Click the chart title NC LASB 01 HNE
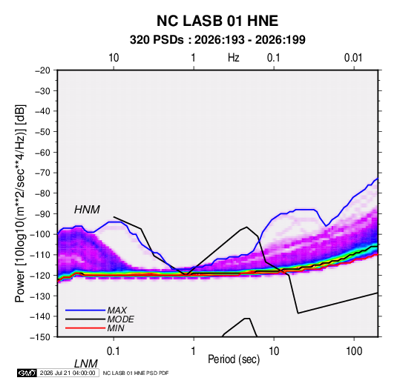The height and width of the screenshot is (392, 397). pyautogui.click(x=217, y=21)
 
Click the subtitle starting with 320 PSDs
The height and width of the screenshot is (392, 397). pyautogui.click(x=217, y=40)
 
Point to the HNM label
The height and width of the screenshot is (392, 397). pyautogui.click(x=87, y=210)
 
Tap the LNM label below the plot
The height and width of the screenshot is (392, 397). pyautogui.click(x=85, y=364)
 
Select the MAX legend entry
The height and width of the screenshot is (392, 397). pyautogui.click(x=117, y=310)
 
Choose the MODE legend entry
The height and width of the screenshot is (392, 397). pyautogui.click(x=120, y=319)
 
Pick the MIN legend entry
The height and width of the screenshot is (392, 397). pyautogui.click(x=116, y=328)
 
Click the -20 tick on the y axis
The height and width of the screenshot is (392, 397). pyautogui.click(x=42, y=70)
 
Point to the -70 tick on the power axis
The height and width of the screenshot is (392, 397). pyautogui.click(x=42, y=173)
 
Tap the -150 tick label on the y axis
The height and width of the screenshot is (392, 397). pyautogui.click(x=40, y=337)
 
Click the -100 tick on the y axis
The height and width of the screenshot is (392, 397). pyautogui.click(x=40, y=234)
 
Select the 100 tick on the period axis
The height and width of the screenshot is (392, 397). pyautogui.click(x=354, y=351)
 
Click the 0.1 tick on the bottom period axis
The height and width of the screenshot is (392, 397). pyautogui.click(x=114, y=351)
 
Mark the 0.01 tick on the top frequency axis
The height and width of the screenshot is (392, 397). pyautogui.click(x=353, y=58)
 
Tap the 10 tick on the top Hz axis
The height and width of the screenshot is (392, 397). pyautogui.click(x=114, y=58)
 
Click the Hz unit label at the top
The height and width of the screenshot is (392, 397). pyautogui.click(x=234, y=58)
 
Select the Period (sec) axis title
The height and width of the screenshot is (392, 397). pyautogui.click(x=234, y=359)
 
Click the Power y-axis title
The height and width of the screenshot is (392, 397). pyautogui.click(x=20, y=204)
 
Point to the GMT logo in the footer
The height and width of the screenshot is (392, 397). pyautogui.click(x=27, y=373)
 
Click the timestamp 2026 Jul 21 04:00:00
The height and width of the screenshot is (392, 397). pyautogui.click(x=68, y=373)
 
